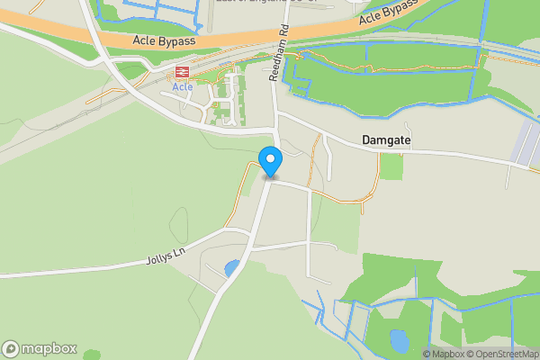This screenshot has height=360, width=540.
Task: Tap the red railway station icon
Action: point(182,72)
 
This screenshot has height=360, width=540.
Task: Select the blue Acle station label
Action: point(182,87)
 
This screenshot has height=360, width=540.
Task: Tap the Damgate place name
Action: point(386,140)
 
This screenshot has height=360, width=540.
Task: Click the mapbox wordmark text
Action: point(49,349)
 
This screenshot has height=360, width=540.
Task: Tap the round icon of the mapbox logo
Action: point(11,349)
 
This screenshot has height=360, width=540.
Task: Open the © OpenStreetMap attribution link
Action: point(505,354)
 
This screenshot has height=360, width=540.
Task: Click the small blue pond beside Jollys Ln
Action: point(232,268)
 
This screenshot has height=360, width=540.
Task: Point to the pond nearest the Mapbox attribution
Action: point(398,340)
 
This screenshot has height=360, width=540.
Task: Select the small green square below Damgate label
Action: point(391,166)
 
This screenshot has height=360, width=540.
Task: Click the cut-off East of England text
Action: point(261,3)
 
